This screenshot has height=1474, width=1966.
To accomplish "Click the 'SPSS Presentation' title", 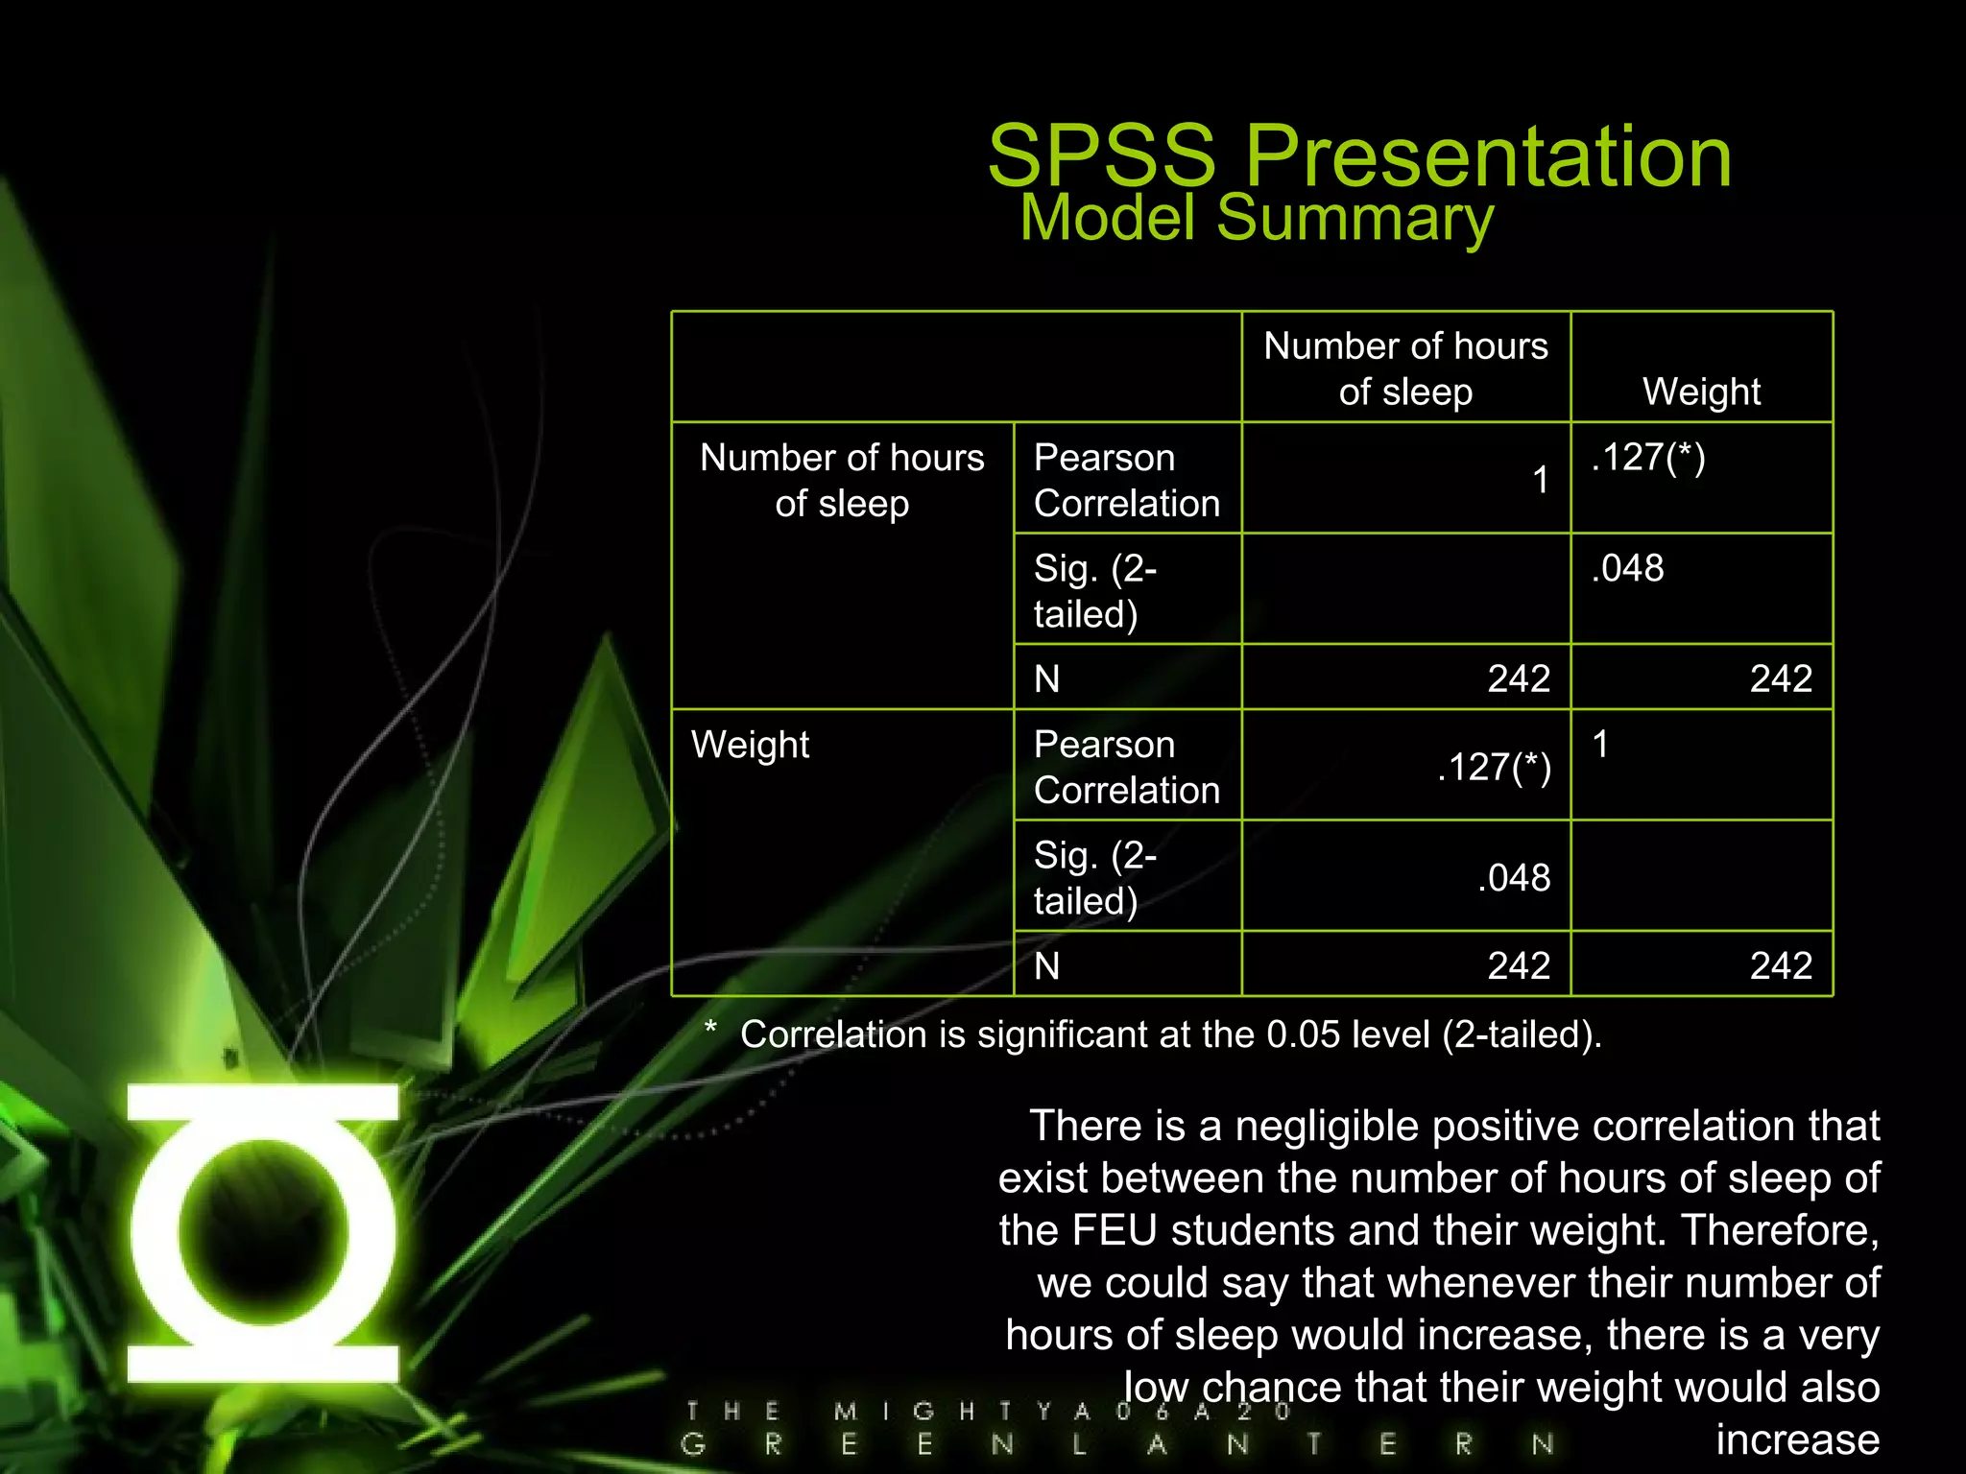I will pos(1359,155).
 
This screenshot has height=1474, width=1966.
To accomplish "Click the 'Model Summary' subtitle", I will pos(1256,218).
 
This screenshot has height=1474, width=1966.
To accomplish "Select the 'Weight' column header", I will pos(1701,392).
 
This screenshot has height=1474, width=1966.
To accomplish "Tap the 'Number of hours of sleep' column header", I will pos(1405,368).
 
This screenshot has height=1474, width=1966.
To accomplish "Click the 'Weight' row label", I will pos(750,745).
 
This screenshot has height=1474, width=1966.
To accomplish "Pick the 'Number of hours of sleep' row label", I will pos(842,480).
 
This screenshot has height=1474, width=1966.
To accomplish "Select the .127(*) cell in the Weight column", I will pos(1647,458).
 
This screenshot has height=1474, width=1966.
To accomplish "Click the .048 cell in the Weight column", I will pos(1627,568).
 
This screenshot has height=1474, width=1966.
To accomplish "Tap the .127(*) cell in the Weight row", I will pos(1494,768).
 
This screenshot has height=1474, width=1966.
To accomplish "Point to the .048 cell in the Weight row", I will pos(1514,878).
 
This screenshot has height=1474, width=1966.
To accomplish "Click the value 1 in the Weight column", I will pos(1600,745).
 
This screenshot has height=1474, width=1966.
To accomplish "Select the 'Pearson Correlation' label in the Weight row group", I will pos(1126,768).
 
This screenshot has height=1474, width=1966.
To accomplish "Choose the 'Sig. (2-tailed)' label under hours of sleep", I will pos(1094,590).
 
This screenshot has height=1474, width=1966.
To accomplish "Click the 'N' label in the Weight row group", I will pos(1047,965).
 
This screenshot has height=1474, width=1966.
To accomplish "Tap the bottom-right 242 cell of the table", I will pos(1781,965).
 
